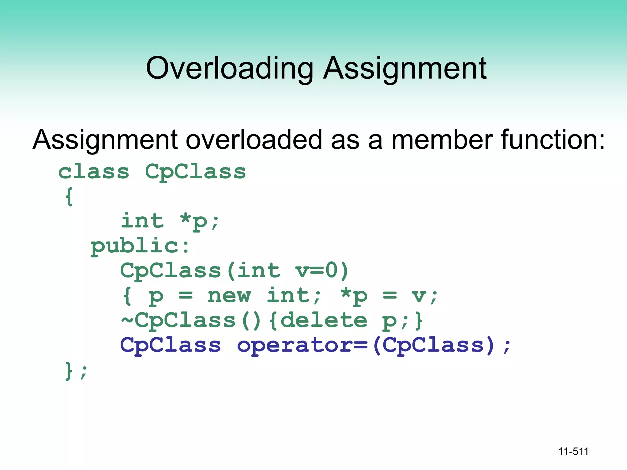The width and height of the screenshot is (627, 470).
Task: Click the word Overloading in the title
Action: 230,69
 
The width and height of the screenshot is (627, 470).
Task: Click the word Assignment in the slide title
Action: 405,69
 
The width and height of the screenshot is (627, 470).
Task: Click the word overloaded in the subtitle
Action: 254,140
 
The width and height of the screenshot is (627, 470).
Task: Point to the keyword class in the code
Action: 94,172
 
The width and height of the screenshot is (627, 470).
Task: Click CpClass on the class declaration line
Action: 195,172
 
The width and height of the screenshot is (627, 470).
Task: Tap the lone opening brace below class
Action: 69,197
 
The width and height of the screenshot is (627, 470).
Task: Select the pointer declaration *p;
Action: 200,221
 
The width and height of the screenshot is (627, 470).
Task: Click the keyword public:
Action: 140,246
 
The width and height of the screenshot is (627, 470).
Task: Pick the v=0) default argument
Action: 321,271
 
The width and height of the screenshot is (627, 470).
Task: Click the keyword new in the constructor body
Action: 229,296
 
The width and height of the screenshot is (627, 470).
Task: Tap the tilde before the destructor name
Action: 127,320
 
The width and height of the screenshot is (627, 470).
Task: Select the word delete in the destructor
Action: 324,320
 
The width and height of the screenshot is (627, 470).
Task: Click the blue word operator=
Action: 302,345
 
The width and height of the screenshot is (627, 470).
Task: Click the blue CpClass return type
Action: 171,345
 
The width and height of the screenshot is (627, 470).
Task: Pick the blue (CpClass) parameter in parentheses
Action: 434,345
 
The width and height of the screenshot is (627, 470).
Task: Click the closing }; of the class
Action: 76,371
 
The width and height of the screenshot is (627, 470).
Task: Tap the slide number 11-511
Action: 573,451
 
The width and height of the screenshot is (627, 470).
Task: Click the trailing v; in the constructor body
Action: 424,296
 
